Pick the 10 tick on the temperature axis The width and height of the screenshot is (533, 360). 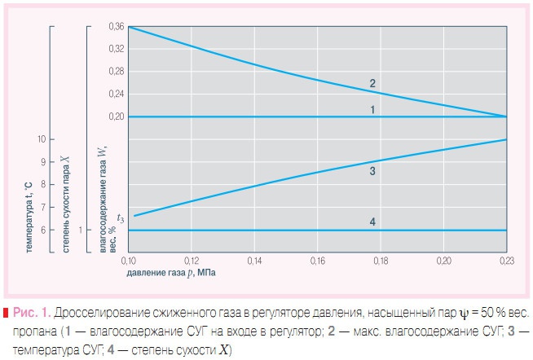[42, 139]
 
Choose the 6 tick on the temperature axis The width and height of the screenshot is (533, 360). [42, 230]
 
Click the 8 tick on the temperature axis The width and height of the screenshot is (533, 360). [42, 184]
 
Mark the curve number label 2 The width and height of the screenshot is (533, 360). [372, 83]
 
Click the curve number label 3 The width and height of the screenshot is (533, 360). [372, 172]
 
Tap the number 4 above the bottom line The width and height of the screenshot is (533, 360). [372, 222]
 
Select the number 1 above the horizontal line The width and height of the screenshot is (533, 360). [372, 109]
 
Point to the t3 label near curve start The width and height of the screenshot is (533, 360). [121, 217]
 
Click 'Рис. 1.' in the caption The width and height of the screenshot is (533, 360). [32, 311]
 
